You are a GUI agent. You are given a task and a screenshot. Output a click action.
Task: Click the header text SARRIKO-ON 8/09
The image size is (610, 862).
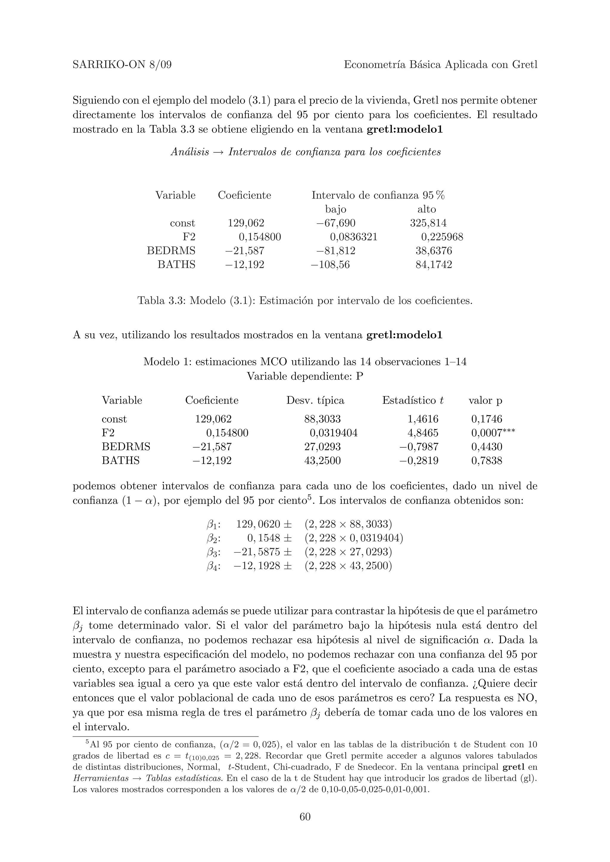point(122,65)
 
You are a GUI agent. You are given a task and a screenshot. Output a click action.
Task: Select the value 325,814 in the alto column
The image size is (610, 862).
point(428,223)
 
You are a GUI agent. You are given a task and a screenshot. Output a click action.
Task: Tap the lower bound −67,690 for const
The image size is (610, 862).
point(336,223)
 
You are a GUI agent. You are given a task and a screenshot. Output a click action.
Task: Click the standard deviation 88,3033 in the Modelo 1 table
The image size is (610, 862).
point(322,419)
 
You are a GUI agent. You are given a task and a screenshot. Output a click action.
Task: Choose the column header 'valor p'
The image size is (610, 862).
point(485,401)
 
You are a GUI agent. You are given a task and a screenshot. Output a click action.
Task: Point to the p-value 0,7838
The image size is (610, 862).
point(486,461)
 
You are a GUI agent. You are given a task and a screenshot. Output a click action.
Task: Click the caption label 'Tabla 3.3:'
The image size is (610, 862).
point(162,301)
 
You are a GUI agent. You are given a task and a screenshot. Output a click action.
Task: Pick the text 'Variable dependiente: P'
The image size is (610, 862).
point(305,376)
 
